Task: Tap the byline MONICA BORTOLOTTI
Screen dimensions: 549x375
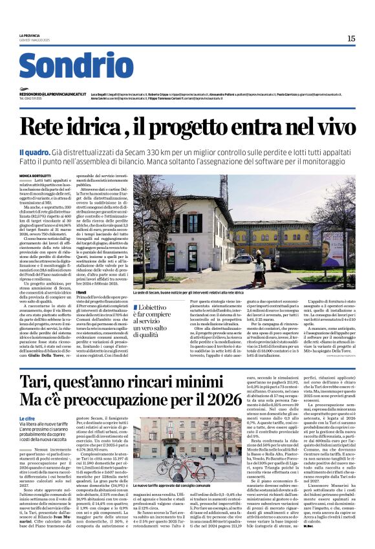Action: [36, 175]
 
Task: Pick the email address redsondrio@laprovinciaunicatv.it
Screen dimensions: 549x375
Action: [45, 93]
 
